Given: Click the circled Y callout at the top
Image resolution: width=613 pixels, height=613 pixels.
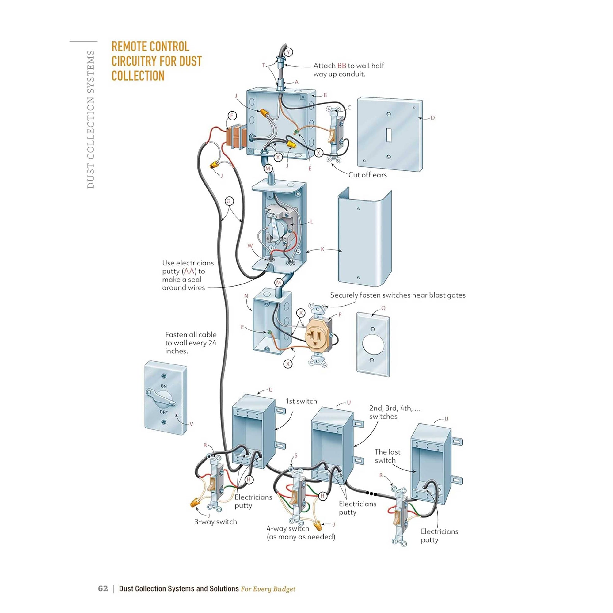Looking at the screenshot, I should click(288, 52).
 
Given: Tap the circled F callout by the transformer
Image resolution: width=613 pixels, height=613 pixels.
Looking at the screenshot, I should click(232, 116).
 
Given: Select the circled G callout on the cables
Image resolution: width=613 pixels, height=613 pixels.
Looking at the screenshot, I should click(229, 201).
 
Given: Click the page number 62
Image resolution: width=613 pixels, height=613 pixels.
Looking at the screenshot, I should click(103, 588).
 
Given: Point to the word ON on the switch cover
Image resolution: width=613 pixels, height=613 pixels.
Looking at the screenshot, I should click(163, 386).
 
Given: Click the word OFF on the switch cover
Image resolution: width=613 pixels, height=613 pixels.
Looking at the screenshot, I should click(163, 412).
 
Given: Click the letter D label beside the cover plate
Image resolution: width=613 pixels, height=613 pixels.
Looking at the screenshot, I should click(432, 118).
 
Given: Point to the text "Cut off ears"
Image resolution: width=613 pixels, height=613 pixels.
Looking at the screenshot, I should click(367, 175).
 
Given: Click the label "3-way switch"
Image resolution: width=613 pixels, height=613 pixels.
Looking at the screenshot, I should click(215, 522).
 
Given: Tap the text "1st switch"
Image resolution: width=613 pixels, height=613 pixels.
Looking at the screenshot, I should click(301, 401).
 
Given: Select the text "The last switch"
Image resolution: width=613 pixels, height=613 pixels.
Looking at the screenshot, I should click(387, 456).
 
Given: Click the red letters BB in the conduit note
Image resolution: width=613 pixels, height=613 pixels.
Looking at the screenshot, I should click(341, 66).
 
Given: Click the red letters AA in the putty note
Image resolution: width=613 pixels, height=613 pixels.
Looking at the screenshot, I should click(189, 271).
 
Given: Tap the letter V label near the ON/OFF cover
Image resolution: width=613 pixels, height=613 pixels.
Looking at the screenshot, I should click(191, 424).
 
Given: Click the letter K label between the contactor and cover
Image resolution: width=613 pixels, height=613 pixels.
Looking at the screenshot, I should click(322, 249).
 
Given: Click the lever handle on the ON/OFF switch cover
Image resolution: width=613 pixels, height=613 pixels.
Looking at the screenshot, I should click(161, 398).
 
